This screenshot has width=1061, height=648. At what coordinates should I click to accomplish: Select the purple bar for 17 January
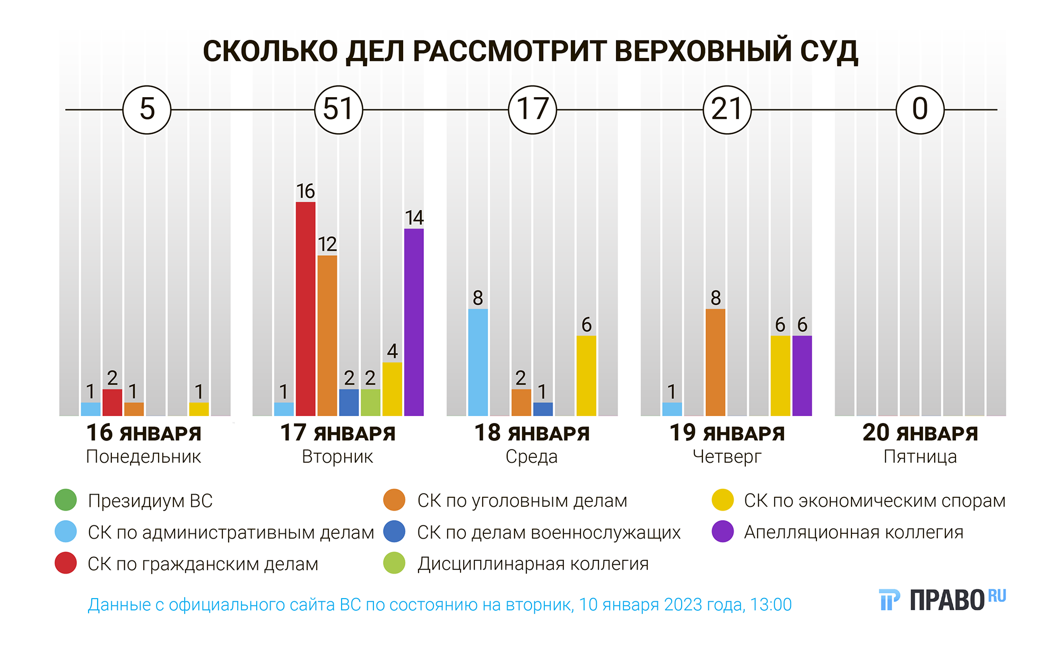click(414, 322)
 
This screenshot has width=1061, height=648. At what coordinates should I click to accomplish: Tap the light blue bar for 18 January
click(478, 362)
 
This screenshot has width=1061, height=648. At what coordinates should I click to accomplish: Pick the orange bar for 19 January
click(715, 362)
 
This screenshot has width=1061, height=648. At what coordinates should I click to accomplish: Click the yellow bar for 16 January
click(199, 409)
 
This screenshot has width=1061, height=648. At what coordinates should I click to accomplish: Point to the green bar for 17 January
click(370, 402)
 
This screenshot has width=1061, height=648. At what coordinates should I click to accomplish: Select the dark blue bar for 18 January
click(543, 409)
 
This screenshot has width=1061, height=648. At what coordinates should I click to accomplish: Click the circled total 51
click(338, 110)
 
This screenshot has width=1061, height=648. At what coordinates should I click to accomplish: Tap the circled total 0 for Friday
click(920, 110)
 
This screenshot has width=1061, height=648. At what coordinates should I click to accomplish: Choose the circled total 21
click(727, 110)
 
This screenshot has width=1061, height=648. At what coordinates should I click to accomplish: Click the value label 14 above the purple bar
click(414, 218)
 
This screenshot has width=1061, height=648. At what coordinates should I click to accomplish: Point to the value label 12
click(327, 244)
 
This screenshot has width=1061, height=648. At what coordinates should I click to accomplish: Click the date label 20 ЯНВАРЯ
click(920, 433)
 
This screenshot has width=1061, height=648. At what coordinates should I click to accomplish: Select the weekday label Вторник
click(337, 456)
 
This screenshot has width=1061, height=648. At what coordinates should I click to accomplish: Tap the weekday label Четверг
click(727, 456)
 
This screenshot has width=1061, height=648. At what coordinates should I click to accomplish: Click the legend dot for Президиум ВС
click(66, 500)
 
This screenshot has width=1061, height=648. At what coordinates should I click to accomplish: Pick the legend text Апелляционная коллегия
click(854, 532)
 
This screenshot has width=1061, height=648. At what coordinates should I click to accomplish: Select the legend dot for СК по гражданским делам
click(66, 563)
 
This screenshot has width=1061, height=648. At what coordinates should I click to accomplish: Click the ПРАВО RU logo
click(942, 600)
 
